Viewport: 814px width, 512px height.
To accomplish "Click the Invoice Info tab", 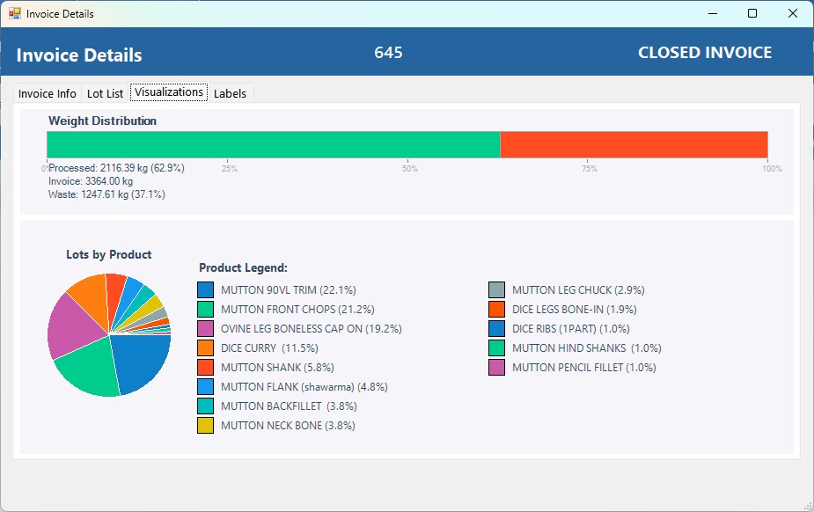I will [x=47, y=93].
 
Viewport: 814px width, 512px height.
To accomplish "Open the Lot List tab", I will [x=105, y=93].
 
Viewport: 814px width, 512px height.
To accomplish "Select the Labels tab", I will [x=230, y=93].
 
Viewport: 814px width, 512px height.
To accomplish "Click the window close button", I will [x=792, y=13].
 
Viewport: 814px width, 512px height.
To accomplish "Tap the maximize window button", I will [x=752, y=13].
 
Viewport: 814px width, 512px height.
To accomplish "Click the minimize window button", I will [x=711, y=13].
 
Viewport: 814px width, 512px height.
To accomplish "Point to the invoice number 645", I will [x=388, y=53].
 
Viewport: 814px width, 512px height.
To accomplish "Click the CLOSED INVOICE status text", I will [x=704, y=53].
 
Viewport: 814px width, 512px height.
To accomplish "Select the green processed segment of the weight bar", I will [x=273, y=145].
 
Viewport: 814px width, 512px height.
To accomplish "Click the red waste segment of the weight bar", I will [x=634, y=145].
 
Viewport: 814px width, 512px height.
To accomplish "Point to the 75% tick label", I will [x=590, y=169].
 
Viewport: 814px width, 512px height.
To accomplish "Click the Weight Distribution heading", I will [x=102, y=121].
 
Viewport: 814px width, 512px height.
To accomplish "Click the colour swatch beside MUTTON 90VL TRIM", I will [x=206, y=289].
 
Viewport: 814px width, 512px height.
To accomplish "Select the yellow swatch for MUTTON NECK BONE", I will [x=206, y=426].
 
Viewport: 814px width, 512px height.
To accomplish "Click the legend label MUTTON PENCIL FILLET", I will [x=583, y=368].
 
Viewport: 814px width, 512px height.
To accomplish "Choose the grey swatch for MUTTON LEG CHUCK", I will [x=497, y=289].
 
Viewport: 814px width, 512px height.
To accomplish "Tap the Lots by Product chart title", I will [x=109, y=254].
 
